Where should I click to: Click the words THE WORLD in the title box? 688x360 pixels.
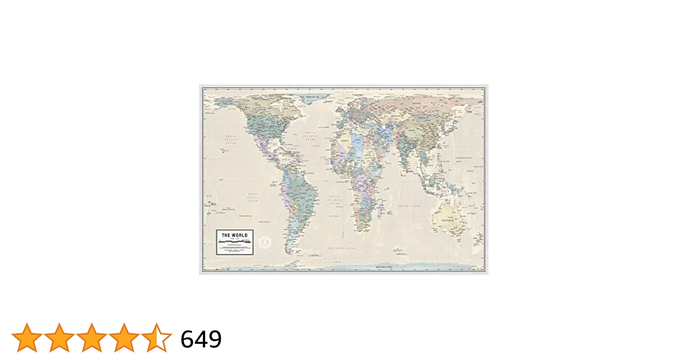point(234,235)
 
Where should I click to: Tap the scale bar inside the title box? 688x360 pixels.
point(234,241)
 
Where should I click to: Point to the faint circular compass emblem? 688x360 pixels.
point(265,242)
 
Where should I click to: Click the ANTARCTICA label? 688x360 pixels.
point(384,267)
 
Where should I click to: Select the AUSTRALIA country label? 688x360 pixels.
point(448,220)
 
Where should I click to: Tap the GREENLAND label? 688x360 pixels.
point(313,97)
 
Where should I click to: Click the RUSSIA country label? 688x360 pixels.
point(416,103)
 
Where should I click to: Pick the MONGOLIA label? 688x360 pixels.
point(423,118)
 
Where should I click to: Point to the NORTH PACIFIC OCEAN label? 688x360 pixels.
point(231,140)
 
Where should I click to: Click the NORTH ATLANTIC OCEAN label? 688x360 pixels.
point(310,136)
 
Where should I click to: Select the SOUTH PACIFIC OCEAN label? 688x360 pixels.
point(253,197)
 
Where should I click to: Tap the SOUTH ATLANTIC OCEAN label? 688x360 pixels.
point(335,200)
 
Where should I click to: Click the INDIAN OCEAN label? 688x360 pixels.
point(409,206)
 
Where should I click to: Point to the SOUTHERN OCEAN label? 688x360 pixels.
point(341,248)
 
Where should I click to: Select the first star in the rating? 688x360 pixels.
point(27,338)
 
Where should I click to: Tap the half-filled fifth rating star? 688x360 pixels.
point(156,338)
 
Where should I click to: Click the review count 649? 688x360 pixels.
point(201,339)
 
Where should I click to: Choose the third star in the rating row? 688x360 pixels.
point(91,338)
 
